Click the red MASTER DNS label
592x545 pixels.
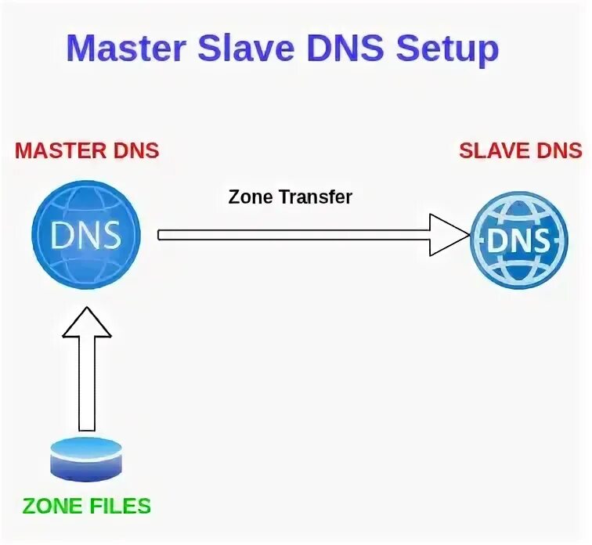(87, 150)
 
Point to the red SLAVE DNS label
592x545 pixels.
(520, 150)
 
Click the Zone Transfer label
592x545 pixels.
(291, 197)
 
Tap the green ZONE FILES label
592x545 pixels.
(87, 506)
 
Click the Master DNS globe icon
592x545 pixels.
(86, 233)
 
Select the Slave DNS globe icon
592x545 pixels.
(518, 240)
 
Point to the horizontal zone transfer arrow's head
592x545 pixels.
(449, 234)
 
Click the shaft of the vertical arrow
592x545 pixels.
(87, 384)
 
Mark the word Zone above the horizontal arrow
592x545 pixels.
(250, 197)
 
